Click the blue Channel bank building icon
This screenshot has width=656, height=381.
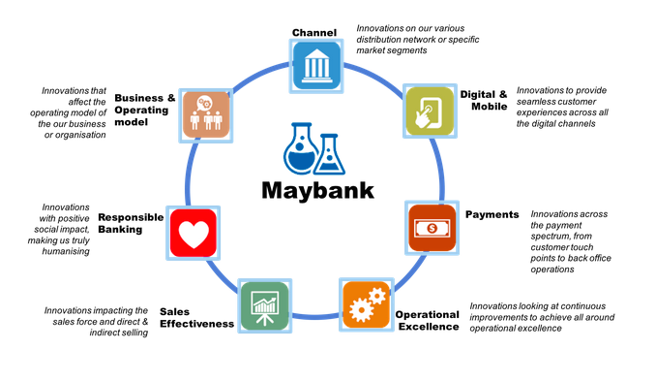pos(316,67)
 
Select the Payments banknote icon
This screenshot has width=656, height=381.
pos(432,230)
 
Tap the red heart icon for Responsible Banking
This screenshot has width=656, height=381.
pos(192,233)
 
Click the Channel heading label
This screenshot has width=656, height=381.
pos(313,33)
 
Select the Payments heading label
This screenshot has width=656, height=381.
pos(492,214)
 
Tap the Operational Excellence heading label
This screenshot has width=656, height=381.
pos(426,320)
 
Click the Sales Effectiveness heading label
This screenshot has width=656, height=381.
pos(196,317)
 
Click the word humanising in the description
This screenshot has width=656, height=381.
pos(65,251)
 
